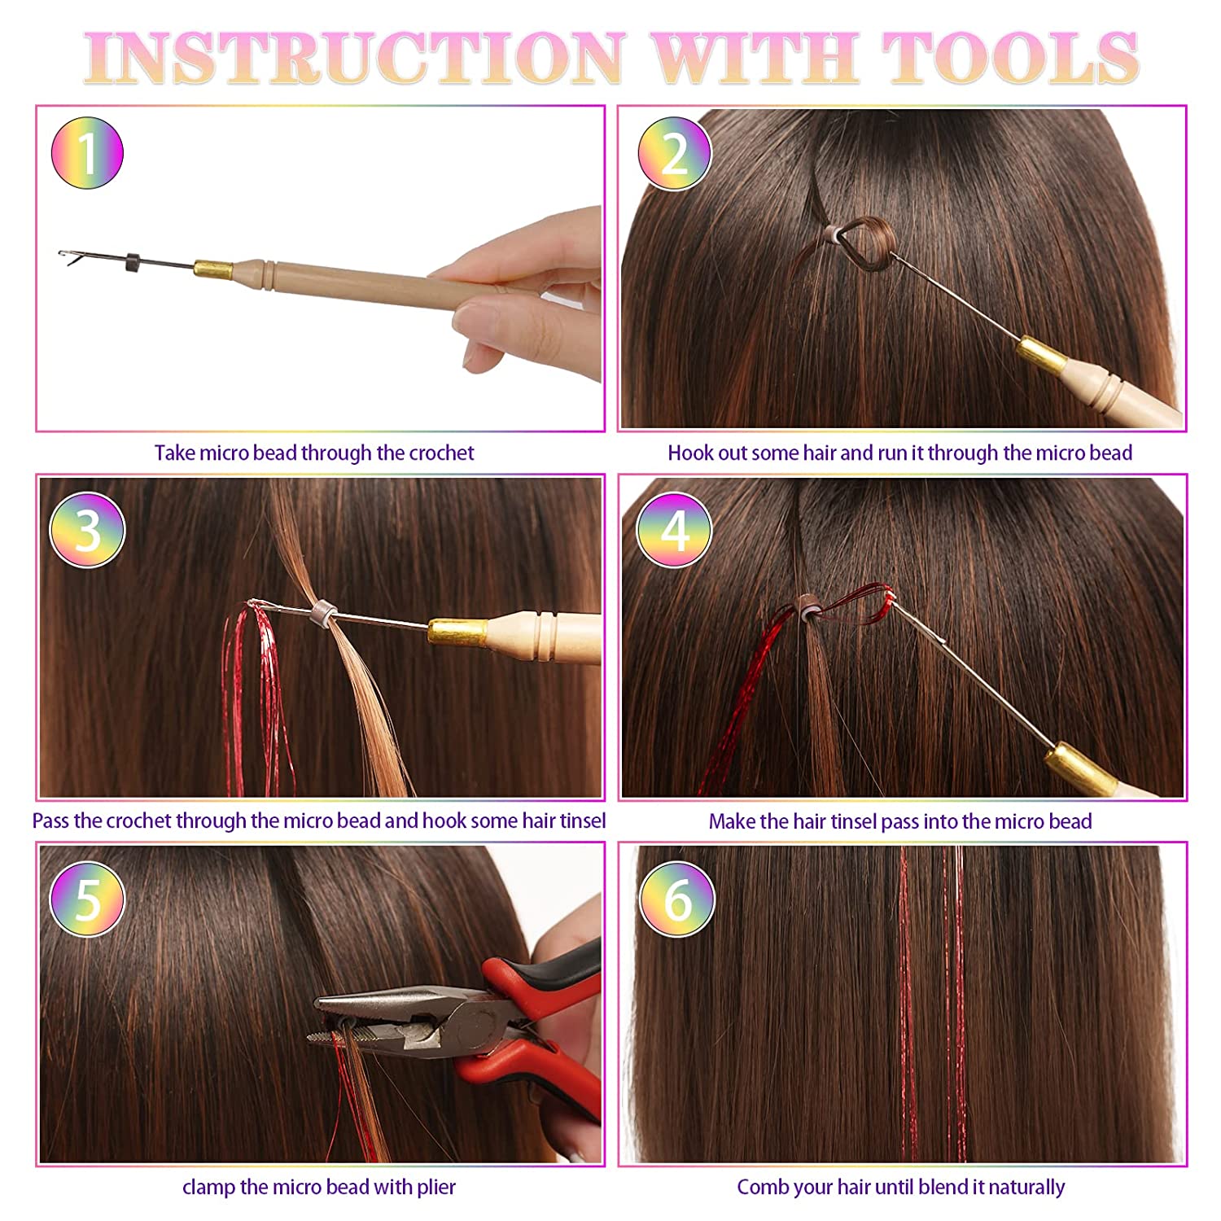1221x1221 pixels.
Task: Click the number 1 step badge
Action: coord(87,153)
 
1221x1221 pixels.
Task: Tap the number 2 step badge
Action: coord(674,153)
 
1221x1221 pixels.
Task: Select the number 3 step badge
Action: coord(87,530)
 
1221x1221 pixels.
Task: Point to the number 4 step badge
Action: coord(674,530)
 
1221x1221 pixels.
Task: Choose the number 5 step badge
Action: coord(87,899)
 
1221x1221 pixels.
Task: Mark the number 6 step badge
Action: coord(677,899)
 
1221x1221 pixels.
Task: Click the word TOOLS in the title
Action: coord(1010,58)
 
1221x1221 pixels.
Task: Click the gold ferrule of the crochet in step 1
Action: coord(213,269)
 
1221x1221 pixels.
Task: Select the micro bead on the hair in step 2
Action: coord(830,236)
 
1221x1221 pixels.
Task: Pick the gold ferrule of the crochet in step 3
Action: coord(458,630)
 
